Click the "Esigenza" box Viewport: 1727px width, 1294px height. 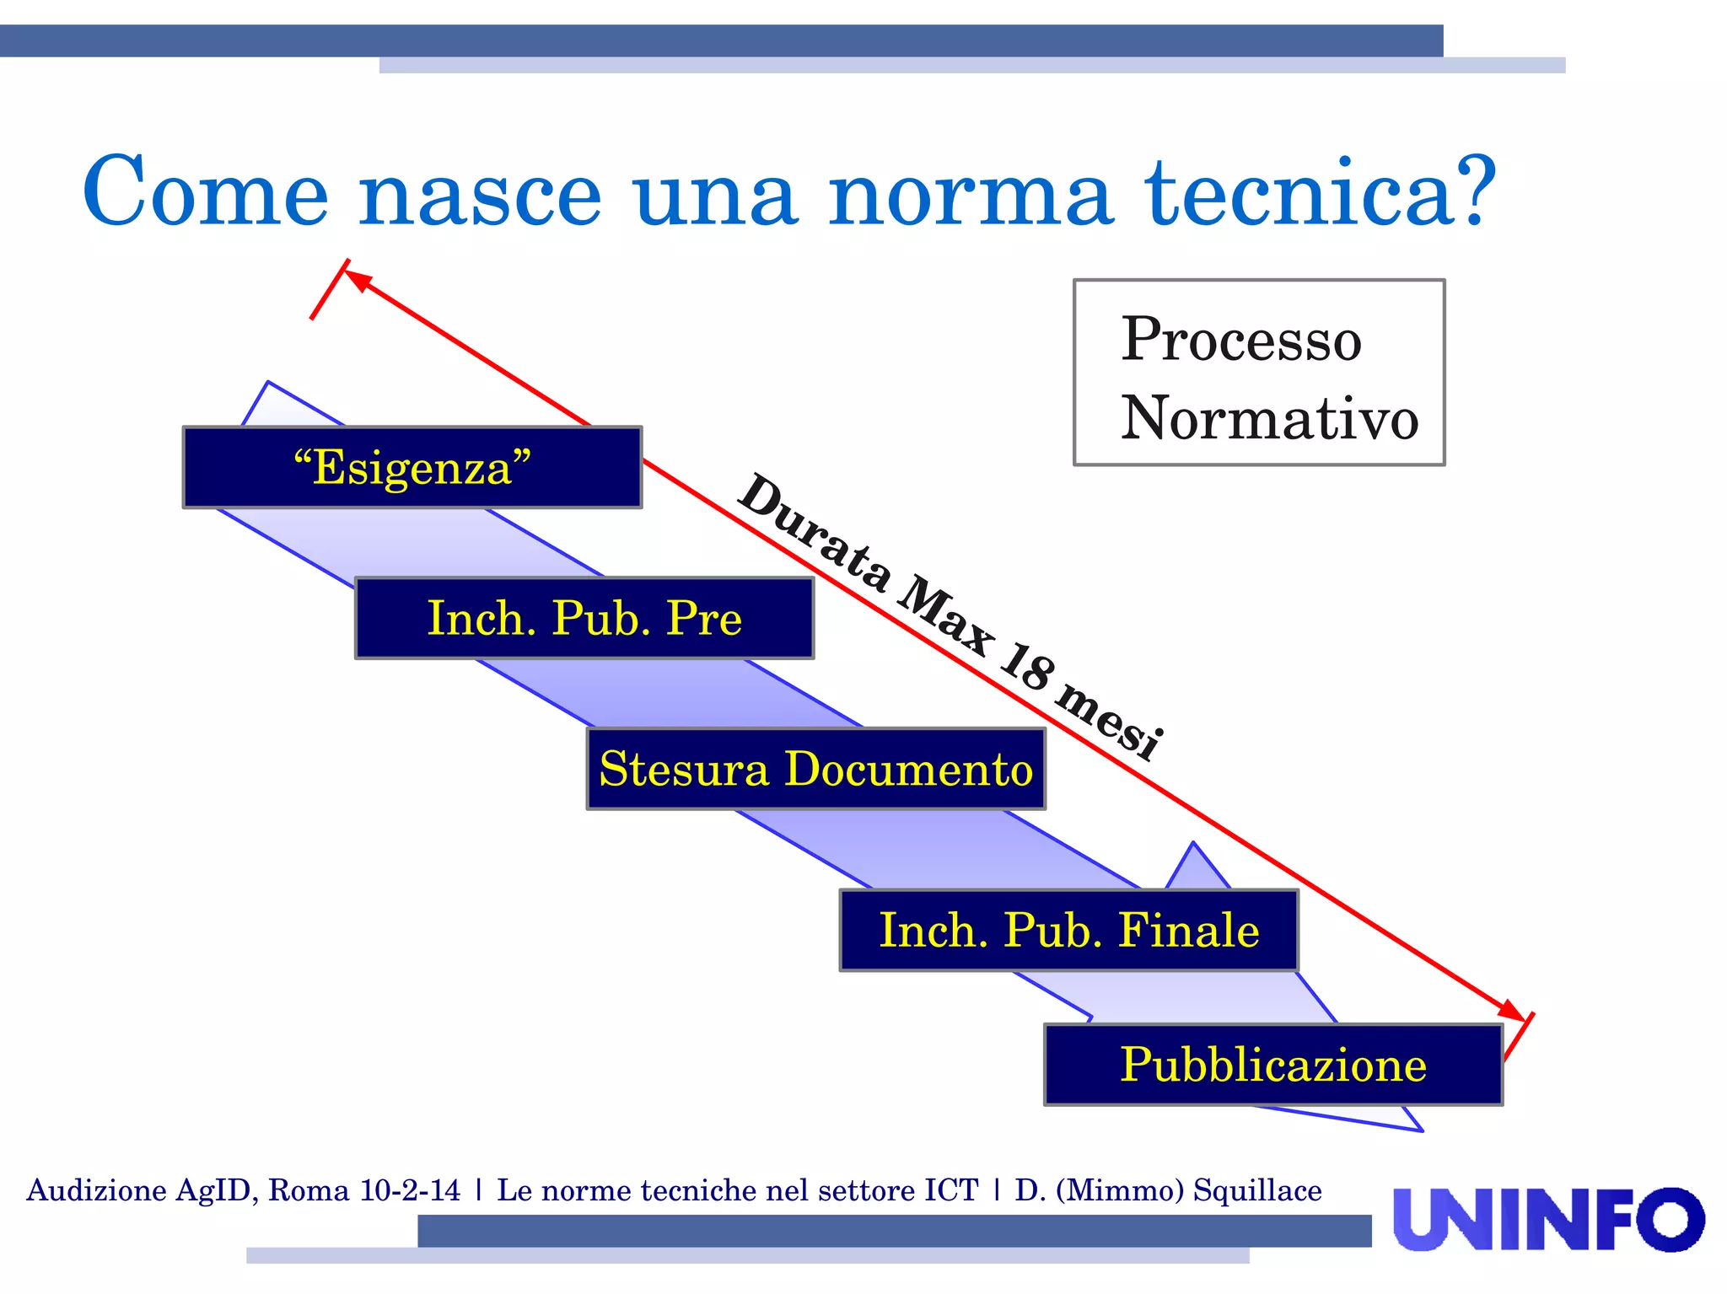[x=412, y=467]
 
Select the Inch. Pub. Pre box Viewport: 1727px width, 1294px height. [x=584, y=618]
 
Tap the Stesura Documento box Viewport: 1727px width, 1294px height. [x=815, y=769]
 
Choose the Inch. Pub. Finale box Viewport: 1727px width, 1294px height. [x=1068, y=930]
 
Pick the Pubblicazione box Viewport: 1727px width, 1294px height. [x=1273, y=1064]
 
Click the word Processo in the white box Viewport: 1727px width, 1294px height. [x=1240, y=339]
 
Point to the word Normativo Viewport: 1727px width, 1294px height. [x=1269, y=418]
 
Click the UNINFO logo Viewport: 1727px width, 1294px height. [x=1548, y=1219]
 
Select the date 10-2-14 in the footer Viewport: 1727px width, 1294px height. [x=410, y=1190]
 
